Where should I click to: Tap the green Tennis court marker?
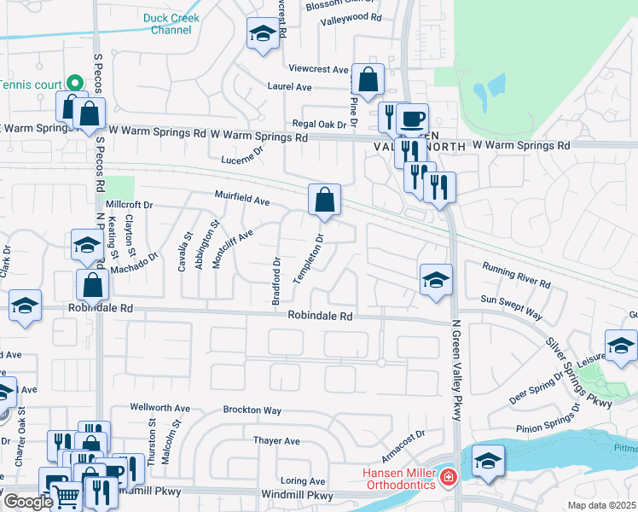click(74, 84)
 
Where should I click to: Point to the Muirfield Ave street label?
click(242, 202)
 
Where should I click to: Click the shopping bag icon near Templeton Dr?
click(324, 200)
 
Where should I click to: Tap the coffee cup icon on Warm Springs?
click(412, 119)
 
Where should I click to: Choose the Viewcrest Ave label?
click(319, 69)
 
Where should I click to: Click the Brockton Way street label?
click(252, 410)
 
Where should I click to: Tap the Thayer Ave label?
click(276, 441)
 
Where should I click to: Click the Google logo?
click(28, 502)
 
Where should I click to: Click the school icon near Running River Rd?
click(436, 280)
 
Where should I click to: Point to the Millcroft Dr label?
click(129, 206)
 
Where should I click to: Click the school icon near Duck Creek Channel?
click(263, 34)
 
